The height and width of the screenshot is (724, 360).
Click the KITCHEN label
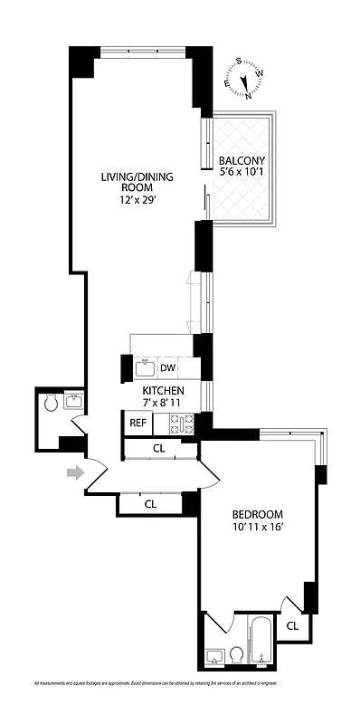point(163,390)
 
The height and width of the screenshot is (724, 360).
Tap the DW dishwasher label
point(167,367)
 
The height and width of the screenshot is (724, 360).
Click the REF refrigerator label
point(137,423)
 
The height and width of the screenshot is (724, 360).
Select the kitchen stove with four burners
point(183,423)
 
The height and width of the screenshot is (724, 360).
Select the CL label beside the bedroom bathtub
point(292,625)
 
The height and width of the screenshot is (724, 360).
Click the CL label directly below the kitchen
point(158,448)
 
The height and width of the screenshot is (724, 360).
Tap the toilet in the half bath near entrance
point(52,401)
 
